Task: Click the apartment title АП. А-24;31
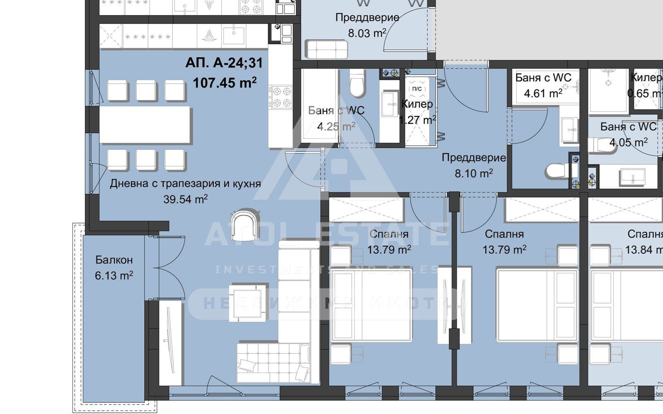[224, 63]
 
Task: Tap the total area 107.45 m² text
[224, 82]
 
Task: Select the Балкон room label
[114, 260]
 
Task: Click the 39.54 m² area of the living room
[185, 199]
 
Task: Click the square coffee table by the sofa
[248, 303]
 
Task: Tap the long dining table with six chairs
[145, 125]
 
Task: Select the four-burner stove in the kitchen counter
[280, 97]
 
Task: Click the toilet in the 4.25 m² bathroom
[357, 82]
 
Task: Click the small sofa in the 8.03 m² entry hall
[327, 49]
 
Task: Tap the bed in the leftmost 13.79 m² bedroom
[371, 306]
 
